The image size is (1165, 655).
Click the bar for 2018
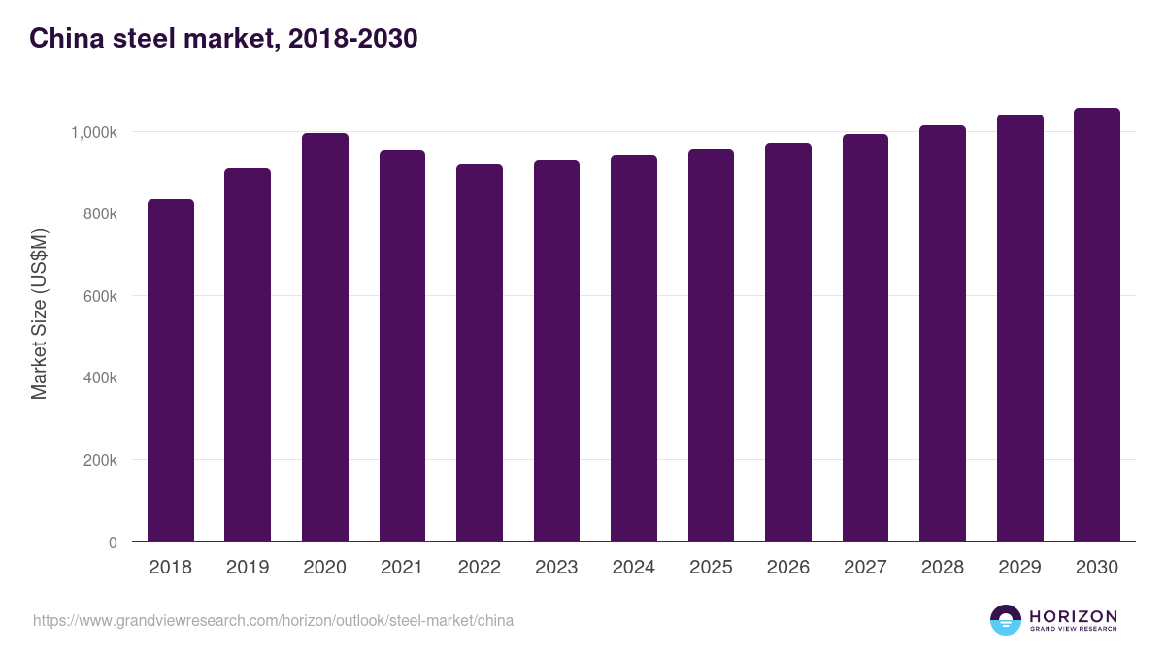[x=170, y=371]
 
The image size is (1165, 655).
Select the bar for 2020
[x=324, y=338]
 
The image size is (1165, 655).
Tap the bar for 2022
[x=480, y=353]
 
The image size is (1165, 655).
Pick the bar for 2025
[x=711, y=345]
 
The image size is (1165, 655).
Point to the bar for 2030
[x=1097, y=325]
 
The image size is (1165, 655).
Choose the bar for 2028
[x=943, y=334]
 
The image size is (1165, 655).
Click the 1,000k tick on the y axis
[x=92, y=132]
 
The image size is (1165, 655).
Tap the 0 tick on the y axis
[x=113, y=542]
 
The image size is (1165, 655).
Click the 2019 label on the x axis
[x=248, y=568]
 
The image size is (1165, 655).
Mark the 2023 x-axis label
[x=556, y=568]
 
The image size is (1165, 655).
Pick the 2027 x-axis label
[x=865, y=568]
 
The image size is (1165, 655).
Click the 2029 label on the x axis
[x=1019, y=568]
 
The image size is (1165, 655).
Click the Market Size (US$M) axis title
[x=39, y=312]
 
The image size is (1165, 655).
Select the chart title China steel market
[x=223, y=39]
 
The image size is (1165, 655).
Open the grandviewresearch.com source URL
[x=273, y=620]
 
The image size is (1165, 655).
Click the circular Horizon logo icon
[x=1006, y=620]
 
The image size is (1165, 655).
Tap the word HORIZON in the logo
[x=1073, y=615]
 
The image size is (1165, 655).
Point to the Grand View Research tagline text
[x=1073, y=629]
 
